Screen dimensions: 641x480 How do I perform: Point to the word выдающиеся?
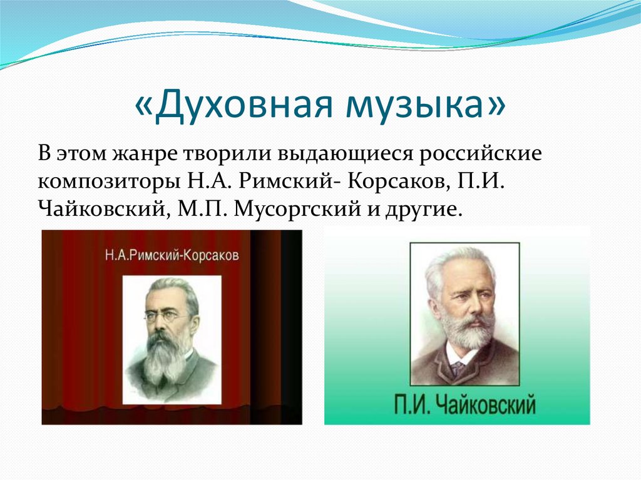coord(346,155)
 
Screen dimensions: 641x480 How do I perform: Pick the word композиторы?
coord(110,182)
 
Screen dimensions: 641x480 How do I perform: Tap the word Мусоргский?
coord(298,210)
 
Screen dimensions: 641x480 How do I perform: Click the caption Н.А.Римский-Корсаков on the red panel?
coord(172,255)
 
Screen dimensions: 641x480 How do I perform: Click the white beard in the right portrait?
coord(465,332)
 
